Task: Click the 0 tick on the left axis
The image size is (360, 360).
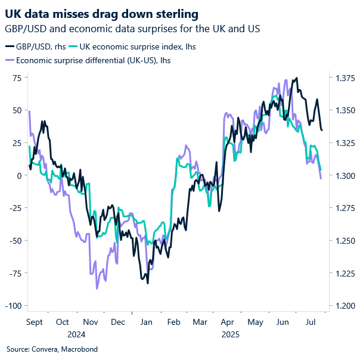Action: coord(19,175)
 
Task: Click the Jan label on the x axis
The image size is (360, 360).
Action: coord(145,322)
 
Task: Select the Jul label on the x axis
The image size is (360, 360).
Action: coord(310,322)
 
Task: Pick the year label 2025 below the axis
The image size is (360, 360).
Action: coord(231,334)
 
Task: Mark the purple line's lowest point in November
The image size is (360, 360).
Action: coord(97,288)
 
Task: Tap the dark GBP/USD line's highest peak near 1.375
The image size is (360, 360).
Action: coord(297,78)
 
